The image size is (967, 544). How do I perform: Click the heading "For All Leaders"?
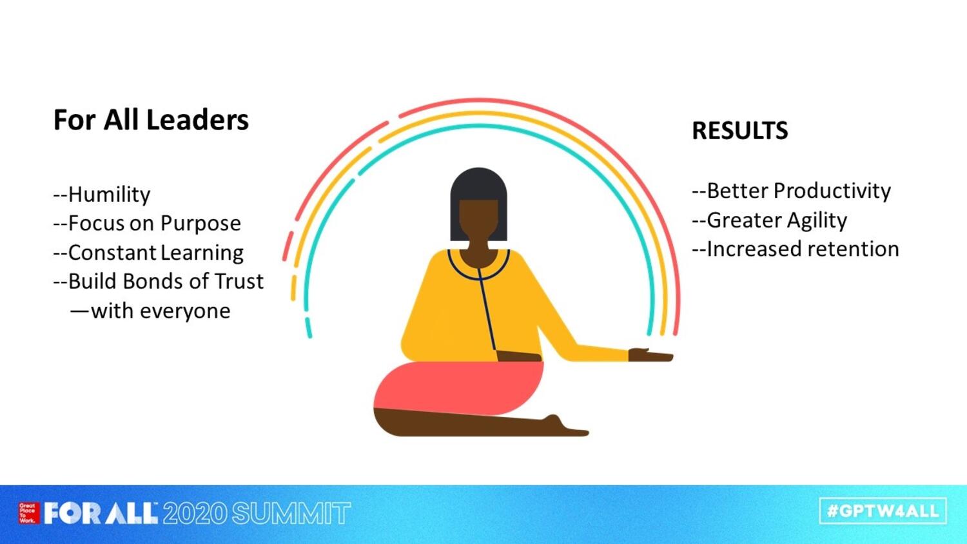(x=151, y=120)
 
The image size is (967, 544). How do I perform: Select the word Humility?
(x=109, y=194)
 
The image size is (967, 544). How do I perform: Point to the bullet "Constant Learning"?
(x=148, y=253)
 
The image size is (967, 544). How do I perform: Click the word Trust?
(x=239, y=281)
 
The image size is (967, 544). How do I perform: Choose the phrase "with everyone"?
(x=161, y=311)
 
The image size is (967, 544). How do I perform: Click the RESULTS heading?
(x=740, y=130)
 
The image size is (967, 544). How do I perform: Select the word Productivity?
(x=832, y=191)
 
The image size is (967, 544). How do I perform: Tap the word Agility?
(x=817, y=220)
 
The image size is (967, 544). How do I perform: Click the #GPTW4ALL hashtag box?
(x=883, y=511)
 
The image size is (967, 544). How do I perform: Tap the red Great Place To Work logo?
(x=29, y=513)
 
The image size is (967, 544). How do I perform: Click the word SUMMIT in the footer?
(x=291, y=513)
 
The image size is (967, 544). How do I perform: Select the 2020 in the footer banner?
(x=195, y=513)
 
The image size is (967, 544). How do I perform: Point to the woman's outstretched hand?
(x=650, y=355)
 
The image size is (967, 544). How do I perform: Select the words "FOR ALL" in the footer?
(x=101, y=513)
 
